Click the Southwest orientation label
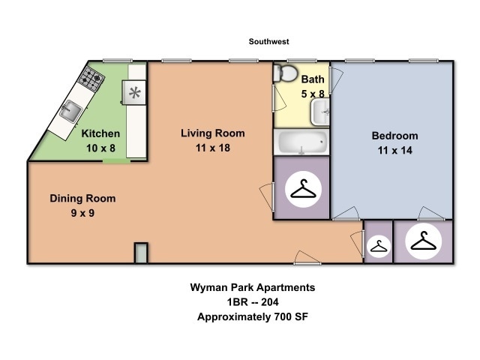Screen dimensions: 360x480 (268, 42)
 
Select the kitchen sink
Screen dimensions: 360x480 (73, 112)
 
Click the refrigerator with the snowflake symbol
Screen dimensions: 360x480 (136, 93)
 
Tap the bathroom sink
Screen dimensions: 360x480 (320, 112)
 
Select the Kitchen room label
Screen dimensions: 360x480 (100, 133)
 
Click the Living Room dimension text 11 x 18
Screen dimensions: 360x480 (213, 148)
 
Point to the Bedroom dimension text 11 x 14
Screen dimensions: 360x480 (395, 150)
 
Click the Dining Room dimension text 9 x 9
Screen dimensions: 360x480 (83, 213)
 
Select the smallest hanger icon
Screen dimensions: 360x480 (379, 246)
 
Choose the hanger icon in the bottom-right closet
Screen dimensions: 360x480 (422, 242)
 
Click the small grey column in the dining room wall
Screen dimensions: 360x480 (141, 253)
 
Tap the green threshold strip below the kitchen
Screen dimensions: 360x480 (116, 160)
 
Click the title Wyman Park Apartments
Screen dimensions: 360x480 (251, 287)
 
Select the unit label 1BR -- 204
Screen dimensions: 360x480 (251, 301)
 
